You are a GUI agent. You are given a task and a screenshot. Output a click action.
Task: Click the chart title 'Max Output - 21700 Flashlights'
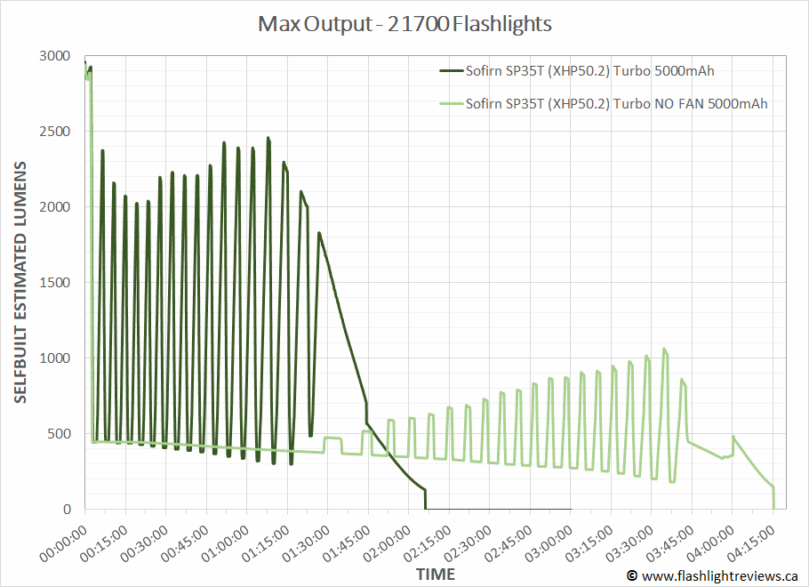pos(404,24)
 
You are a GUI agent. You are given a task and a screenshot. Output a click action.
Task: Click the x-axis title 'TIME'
pos(436,573)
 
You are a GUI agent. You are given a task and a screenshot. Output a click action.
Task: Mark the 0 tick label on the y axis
pos(68,510)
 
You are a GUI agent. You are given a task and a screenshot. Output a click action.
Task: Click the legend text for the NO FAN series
pos(616,103)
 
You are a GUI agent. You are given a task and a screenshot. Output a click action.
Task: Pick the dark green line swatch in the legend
pos(450,72)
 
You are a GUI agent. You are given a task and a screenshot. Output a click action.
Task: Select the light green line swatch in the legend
pos(450,103)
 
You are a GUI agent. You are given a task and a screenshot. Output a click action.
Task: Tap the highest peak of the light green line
pos(663,349)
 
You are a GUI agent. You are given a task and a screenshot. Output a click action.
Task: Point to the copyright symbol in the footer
pos(632,575)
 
